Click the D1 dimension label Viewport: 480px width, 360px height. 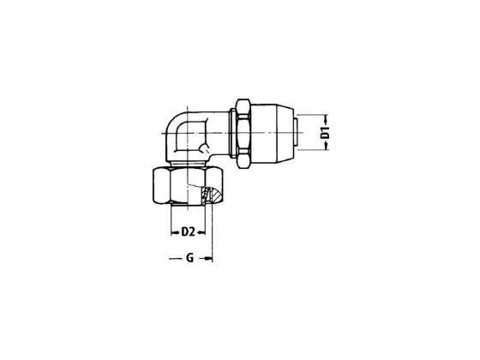coord(326,130)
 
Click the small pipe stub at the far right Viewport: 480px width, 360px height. coord(295,129)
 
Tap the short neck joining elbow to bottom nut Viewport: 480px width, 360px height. coord(183,162)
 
